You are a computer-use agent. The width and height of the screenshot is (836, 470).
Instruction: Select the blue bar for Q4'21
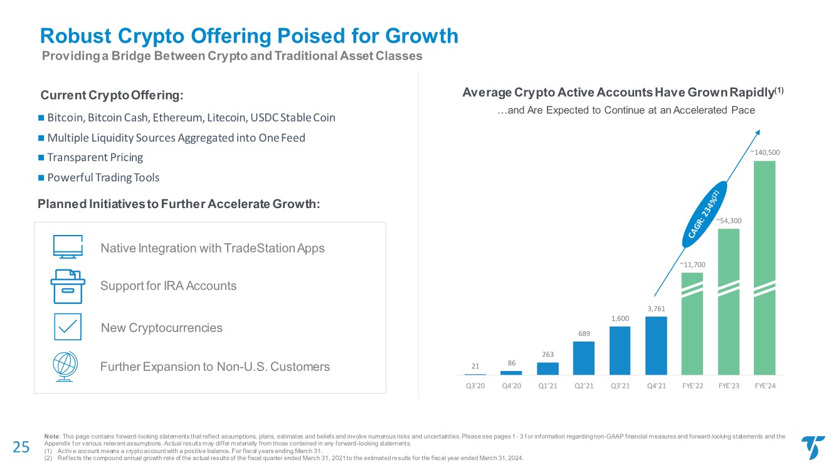click(655, 345)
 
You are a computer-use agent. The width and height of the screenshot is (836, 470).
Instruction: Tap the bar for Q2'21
click(583, 358)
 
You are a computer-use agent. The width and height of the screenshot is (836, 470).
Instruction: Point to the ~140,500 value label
click(763, 152)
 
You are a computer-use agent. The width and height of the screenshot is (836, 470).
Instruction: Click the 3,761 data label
click(655, 308)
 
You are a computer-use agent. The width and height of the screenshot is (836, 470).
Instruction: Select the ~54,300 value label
click(728, 220)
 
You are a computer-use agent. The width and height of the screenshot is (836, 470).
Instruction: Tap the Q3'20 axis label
click(475, 385)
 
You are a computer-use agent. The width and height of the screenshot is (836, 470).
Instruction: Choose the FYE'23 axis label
click(728, 385)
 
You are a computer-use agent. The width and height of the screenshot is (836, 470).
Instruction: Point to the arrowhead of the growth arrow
click(758, 133)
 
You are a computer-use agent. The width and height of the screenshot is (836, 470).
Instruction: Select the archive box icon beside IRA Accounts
click(67, 286)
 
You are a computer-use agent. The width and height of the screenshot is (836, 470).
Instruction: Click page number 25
click(21, 446)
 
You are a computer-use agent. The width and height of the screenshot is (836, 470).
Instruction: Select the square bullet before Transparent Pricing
click(41, 157)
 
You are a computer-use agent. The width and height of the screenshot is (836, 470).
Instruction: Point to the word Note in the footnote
click(52, 436)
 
